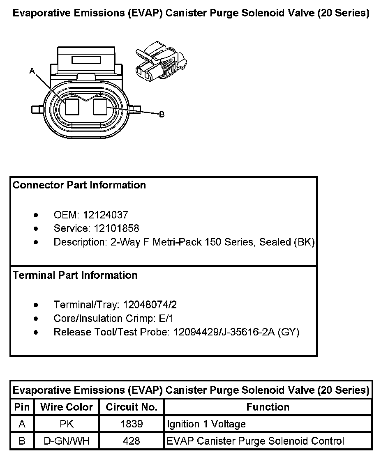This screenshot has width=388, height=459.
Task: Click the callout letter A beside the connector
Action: point(32,71)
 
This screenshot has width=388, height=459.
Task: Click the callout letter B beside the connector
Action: point(162,114)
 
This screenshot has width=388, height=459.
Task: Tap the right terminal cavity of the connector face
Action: point(101,107)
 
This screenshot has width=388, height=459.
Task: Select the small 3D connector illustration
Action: point(160,62)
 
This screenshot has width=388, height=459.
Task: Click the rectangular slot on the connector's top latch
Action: point(86,60)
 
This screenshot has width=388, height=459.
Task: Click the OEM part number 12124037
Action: point(106,215)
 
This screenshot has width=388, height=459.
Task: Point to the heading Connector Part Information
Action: point(79,185)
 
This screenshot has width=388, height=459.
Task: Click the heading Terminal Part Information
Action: point(75,275)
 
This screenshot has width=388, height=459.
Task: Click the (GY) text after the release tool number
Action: point(289,332)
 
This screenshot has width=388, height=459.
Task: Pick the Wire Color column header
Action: point(67,407)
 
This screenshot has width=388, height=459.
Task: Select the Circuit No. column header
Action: point(132,407)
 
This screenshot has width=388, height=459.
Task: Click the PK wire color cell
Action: point(67,424)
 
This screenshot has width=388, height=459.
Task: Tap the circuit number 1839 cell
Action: point(132,424)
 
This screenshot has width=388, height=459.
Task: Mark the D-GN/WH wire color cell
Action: point(67,441)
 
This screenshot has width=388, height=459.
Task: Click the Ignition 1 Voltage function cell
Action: point(206,424)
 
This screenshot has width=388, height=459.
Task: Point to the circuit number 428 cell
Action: point(132,441)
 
